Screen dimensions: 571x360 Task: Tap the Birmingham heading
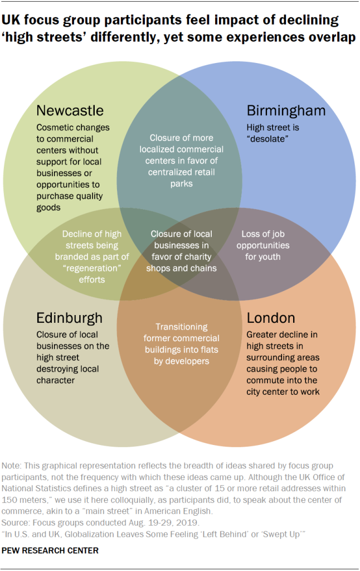coord(286,110)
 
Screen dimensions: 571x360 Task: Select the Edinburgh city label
coord(69,318)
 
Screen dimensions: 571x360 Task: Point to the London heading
coord(271,318)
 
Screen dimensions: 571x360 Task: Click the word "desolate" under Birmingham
coord(270,138)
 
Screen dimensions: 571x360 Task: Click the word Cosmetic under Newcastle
coord(56,127)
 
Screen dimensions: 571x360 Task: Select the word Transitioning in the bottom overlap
coord(181,327)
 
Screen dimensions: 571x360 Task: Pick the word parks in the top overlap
coord(181,183)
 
